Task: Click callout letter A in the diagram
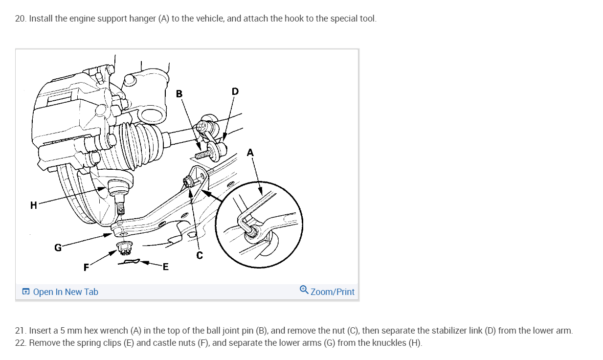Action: pos(250,153)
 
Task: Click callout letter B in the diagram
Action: pos(179,93)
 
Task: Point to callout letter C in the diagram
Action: pos(200,255)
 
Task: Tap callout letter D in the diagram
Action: pos(235,91)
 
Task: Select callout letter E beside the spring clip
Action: pos(165,267)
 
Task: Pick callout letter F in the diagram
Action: pos(87,267)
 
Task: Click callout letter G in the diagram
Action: pos(58,247)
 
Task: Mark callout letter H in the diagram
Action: pos(33,205)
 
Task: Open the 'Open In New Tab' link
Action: pos(66,292)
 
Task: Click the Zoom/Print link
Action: pos(333,292)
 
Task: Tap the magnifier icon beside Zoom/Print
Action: pos(304,291)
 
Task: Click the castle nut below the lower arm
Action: pos(125,247)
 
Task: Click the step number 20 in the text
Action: pos(20,19)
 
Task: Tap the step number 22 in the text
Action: pos(20,342)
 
